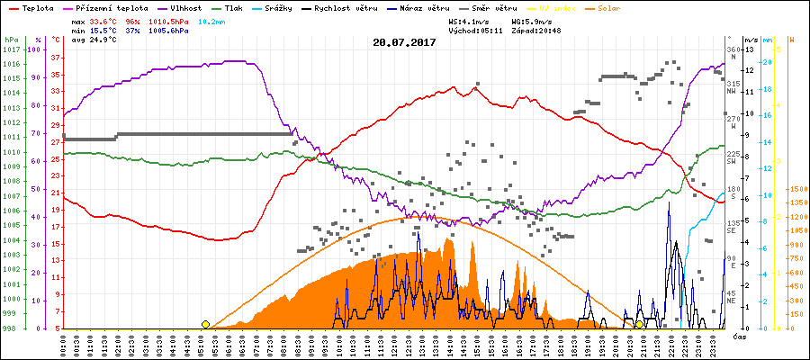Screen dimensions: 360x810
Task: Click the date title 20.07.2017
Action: [404, 42]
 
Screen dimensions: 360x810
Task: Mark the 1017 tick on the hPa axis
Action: [11, 49]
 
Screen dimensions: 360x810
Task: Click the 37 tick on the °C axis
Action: [55, 58]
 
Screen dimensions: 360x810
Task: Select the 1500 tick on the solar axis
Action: [796, 190]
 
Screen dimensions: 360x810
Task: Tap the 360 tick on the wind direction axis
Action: [732, 49]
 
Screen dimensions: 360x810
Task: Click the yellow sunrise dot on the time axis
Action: [205, 324]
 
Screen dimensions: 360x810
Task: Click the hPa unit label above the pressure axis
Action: [11, 40]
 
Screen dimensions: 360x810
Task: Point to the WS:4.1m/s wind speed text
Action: [474, 20]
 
